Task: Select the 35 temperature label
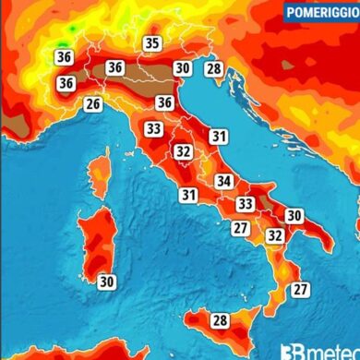click(x=152, y=43)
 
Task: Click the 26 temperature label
click(x=92, y=104)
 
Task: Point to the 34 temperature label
click(x=223, y=181)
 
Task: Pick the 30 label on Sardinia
click(x=107, y=282)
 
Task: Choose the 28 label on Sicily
click(x=220, y=320)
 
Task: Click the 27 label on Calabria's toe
click(x=300, y=289)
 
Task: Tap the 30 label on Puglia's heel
click(x=294, y=215)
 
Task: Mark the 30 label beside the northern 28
click(x=183, y=67)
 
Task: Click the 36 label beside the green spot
click(x=65, y=56)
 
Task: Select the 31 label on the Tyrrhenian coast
click(x=188, y=195)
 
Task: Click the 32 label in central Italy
click(x=184, y=151)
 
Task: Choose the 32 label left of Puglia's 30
click(x=274, y=235)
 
